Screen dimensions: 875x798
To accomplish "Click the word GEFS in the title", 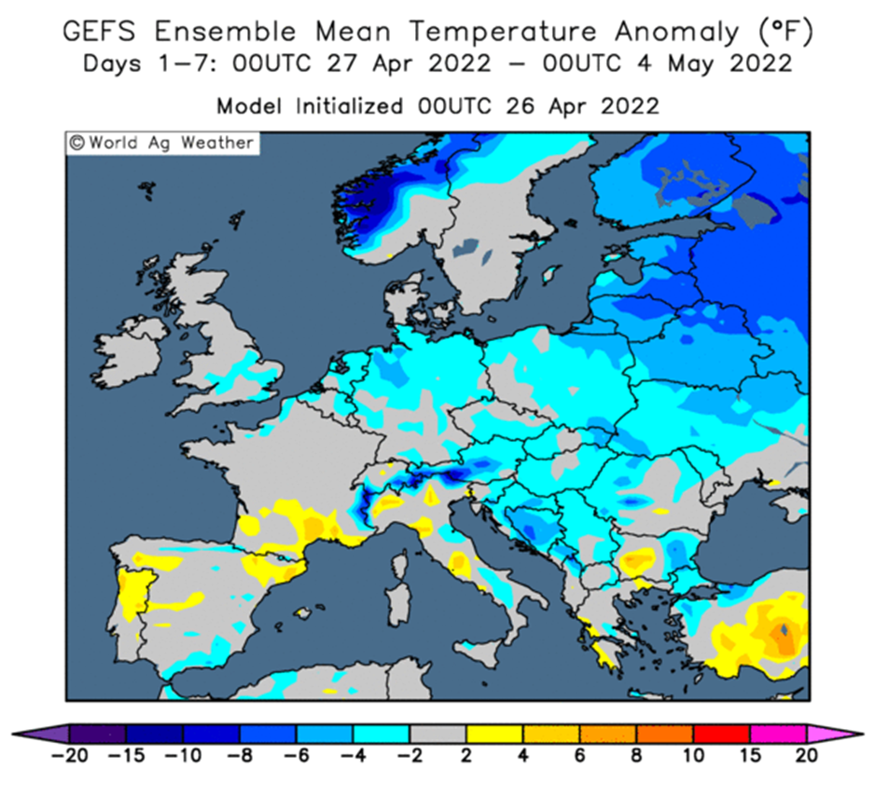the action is (x=99, y=31).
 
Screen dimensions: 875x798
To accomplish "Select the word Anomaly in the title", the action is (x=676, y=33).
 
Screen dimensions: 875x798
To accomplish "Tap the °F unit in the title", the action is (x=785, y=32).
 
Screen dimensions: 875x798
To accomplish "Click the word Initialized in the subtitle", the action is (x=349, y=105).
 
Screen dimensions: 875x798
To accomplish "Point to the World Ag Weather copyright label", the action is (x=161, y=143).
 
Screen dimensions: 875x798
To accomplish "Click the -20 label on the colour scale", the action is (x=69, y=756).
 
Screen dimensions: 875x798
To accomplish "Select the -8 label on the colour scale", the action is (x=240, y=756).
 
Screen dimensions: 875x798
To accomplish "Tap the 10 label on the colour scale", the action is (x=693, y=756).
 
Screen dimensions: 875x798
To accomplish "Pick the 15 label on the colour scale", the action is (x=751, y=756).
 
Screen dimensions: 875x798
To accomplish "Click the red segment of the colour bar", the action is (x=721, y=734).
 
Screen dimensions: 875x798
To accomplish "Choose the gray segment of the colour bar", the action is (x=438, y=734).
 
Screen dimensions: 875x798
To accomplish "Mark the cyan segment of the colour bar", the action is (x=382, y=734).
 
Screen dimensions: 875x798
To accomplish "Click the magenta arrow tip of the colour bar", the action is (x=835, y=734).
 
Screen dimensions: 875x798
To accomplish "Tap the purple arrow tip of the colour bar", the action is (x=40, y=734).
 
